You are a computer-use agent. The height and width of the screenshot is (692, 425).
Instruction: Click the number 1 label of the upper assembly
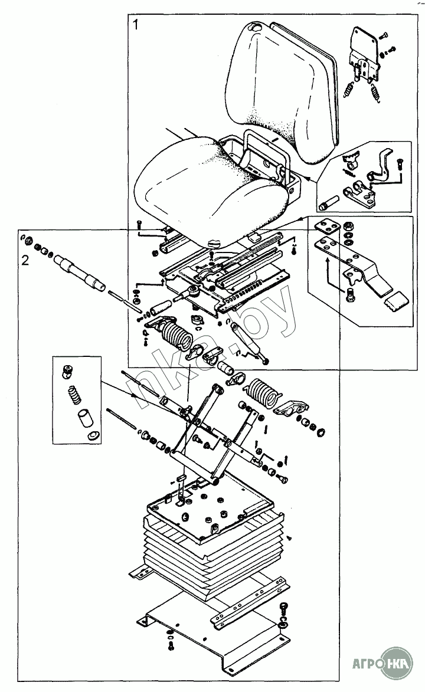pyautogui.click(x=136, y=25)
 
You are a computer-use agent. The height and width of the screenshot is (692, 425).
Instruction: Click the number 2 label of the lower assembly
pyautogui.click(x=25, y=260)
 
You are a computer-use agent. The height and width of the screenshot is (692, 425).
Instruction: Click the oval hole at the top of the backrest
pyautogui.click(x=255, y=28)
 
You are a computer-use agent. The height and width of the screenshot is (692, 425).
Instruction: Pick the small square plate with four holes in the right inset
pyautogui.click(x=325, y=227)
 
